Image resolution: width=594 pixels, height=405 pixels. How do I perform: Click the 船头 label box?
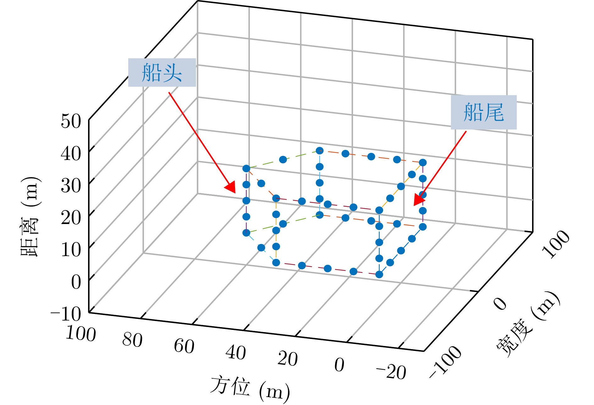pyautogui.click(x=162, y=72)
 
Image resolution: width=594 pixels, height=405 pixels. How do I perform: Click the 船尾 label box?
pyautogui.click(x=484, y=112)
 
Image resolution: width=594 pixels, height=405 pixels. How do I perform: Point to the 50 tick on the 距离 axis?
pyautogui.click(x=71, y=121)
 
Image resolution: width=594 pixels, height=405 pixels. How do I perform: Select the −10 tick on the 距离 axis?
pyautogui.click(x=66, y=313)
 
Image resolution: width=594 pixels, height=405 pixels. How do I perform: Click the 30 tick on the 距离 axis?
pyautogui.click(x=71, y=185)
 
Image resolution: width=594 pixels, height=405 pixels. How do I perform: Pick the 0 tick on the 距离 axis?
pyautogui.click(x=76, y=282)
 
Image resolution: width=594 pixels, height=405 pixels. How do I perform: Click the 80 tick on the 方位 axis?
pyautogui.click(x=132, y=340)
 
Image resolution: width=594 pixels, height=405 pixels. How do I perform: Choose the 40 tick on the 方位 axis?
pyautogui.click(x=236, y=353)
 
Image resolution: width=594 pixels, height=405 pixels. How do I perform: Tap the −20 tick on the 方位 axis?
pyautogui.click(x=391, y=372)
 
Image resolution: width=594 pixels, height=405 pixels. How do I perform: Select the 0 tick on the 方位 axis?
pyautogui.click(x=339, y=365)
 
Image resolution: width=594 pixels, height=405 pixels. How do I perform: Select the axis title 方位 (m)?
pyautogui.click(x=250, y=388)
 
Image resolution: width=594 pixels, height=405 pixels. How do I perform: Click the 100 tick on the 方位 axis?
pyautogui.click(x=81, y=333)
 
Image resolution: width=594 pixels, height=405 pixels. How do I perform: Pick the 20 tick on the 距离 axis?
pyautogui.click(x=71, y=217)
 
